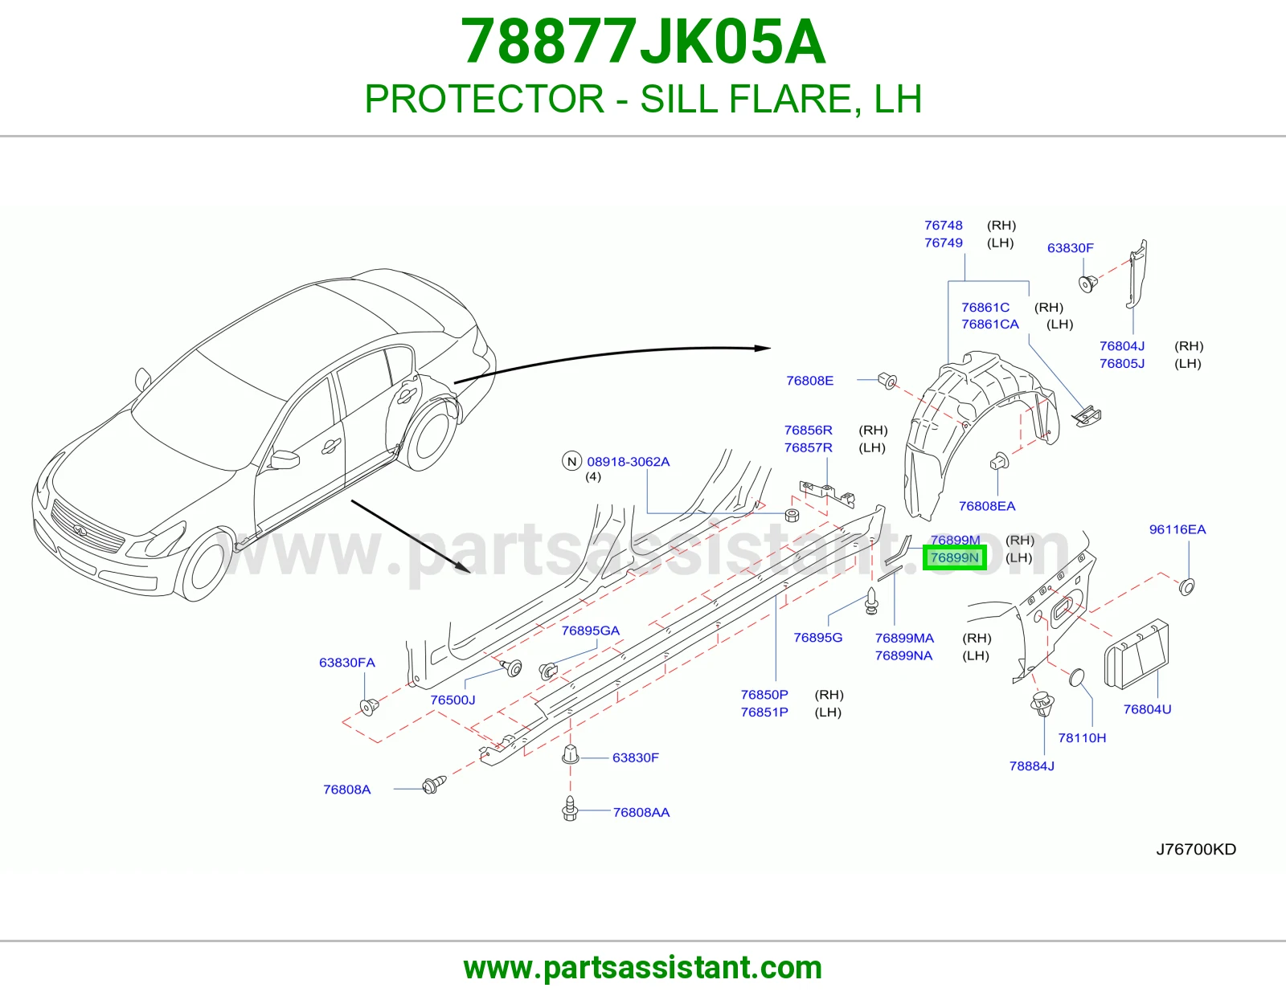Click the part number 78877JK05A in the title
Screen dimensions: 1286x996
(643, 43)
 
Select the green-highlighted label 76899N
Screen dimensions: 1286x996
(955, 557)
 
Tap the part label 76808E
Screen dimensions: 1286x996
(809, 381)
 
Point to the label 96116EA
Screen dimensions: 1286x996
(1177, 529)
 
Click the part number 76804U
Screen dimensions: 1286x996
(1147, 709)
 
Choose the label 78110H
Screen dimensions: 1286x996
(1082, 737)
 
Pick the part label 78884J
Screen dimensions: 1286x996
(1031, 766)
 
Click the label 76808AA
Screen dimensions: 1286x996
(641, 813)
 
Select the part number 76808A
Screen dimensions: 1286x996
(346, 790)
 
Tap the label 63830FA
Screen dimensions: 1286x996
(346, 663)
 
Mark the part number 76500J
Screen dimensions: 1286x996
(453, 700)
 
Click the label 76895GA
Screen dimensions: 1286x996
(591, 631)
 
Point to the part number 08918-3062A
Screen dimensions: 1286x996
(628, 462)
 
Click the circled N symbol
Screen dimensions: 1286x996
(571, 461)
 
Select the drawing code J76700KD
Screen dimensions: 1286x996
(1196, 849)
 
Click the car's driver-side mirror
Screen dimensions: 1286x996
(284, 459)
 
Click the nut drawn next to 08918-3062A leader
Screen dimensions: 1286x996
(792, 515)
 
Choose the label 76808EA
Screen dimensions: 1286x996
(986, 506)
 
